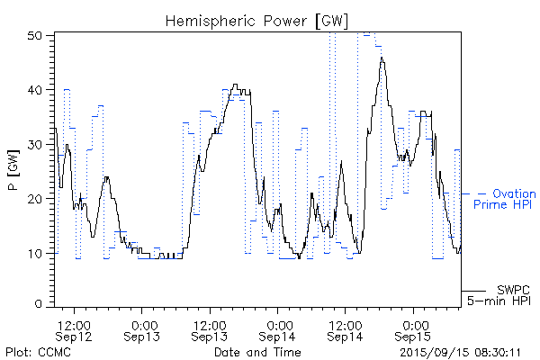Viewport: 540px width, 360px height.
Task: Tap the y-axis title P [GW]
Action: (13, 170)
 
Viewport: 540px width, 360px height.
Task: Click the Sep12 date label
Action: (73, 336)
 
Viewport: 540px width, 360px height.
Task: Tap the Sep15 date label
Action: (414, 336)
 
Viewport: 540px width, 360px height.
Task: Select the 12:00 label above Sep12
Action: (73, 324)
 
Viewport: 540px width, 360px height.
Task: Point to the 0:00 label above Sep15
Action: (414, 324)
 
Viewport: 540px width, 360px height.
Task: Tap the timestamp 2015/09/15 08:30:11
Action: (461, 351)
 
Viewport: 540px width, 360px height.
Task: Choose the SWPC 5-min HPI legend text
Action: (505, 295)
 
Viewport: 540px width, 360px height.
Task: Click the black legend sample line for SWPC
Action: (473, 291)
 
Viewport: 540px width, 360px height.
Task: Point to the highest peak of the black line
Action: (382, 58)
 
